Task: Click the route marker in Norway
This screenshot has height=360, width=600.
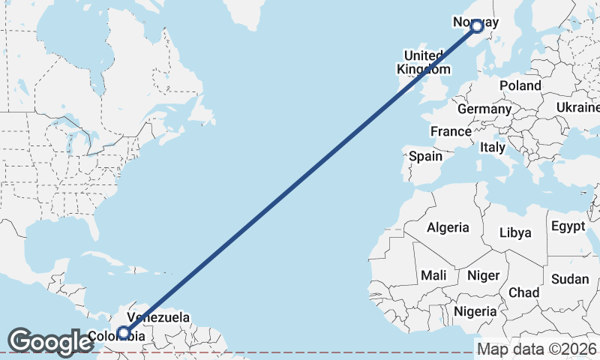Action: (x=476, y=27)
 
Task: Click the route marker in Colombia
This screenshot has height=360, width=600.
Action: (x=124, y=332)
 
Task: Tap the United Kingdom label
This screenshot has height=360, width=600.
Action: (x=424, y=62)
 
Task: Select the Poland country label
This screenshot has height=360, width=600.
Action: (x=520, y=85)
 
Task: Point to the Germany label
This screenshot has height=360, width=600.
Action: (x=484, y=109)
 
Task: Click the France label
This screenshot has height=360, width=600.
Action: (x=450, y=131)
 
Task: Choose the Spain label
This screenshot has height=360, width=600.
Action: (x=425, y=157)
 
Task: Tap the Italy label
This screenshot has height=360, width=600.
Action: (x=493, y=147)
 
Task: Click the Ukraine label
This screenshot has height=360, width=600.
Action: (x=577, y=108)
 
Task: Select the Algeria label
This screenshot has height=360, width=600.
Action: (x=448, y=227)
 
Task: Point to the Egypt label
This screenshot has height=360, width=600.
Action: (x=568, y=226)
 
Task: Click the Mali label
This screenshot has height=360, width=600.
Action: (x=433, y=275)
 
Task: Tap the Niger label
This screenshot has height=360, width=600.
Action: (x=483, y=275)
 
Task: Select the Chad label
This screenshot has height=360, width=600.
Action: (x=523, y=292)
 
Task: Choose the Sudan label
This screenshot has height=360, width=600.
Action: (x=570, y=279)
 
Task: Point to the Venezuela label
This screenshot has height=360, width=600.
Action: (x=158, y=318)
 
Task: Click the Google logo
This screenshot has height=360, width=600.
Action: (x=50, y=341)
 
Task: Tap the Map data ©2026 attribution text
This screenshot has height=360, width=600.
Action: (x=536, y=349)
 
